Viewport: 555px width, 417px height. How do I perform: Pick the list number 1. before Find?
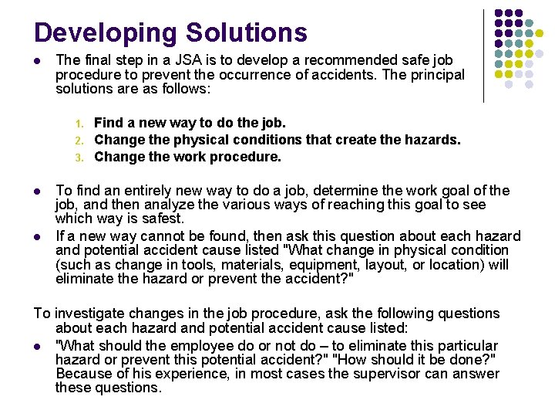point(79,124)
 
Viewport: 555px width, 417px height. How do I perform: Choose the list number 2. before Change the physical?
point(79,141)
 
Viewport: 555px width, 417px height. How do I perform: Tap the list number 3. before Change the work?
point(79,158)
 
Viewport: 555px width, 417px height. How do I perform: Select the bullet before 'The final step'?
point(39,60)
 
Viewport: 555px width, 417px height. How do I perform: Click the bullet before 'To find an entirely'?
point(39,191)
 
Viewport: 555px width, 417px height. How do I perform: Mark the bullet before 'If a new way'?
point(39,236)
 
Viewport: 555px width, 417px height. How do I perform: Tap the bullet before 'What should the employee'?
point(39,345)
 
